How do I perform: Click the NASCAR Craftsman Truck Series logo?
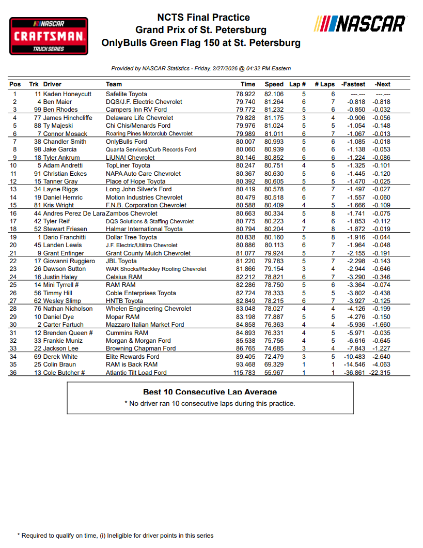49,36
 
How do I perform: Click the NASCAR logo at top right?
361,24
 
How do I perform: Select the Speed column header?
274,84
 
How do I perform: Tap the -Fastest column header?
354,84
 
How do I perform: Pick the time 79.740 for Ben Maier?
245,102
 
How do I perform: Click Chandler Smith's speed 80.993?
274,142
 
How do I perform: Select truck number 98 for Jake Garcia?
38,149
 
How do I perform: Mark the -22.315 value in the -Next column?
380,373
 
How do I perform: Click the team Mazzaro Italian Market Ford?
145,325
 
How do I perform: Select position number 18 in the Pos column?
14,229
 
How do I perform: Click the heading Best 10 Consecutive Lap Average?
210,392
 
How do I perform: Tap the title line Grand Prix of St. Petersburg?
201,30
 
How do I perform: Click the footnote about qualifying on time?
115,536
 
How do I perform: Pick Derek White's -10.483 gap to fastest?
353,357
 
